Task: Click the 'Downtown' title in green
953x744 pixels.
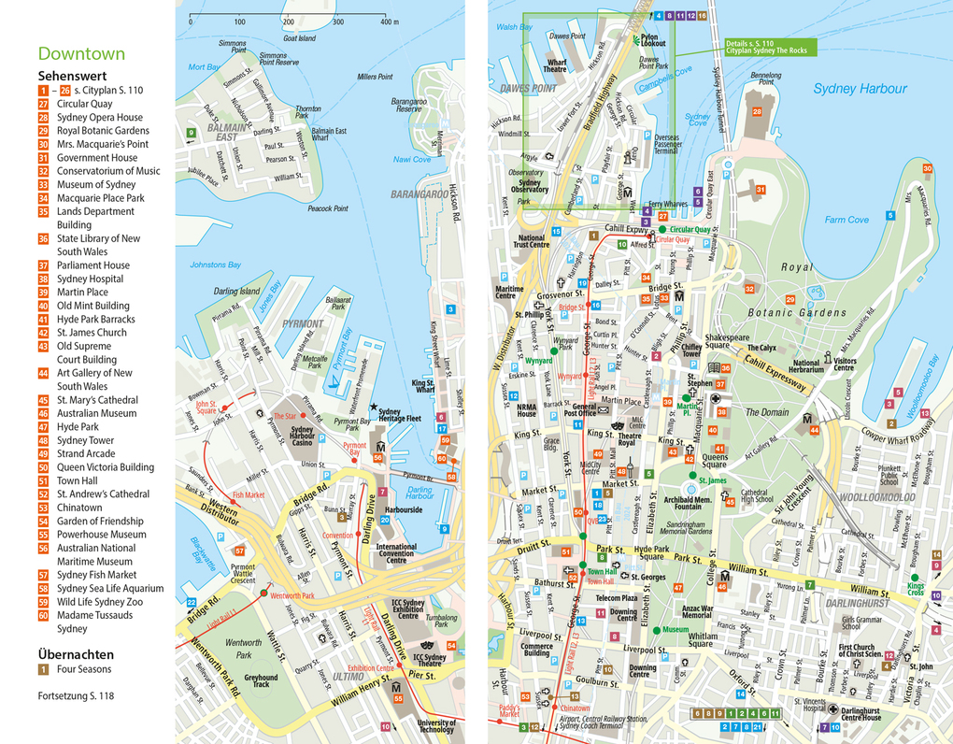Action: (x=81, y=54)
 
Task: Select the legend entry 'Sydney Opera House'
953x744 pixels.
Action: (x=99, y=118)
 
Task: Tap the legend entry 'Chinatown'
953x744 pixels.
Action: (x=79, y=508)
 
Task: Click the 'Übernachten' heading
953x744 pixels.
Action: (x=76, y=654)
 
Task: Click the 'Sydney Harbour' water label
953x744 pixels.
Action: (x=860, y=89)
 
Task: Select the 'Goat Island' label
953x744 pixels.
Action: (x=299, y=38)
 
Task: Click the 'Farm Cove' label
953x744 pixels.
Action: (x=846, y=220)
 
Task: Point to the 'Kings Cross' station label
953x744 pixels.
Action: (x=915, y=589)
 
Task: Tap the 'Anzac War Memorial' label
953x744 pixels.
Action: (x=696, y=611)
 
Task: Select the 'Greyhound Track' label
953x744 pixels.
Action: (x=261, y=680)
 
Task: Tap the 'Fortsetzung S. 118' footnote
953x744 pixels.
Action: (x=76, y=696)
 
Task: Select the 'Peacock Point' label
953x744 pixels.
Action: (x=327, y=208)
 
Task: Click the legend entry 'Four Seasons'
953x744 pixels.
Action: (x=83, y=669)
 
